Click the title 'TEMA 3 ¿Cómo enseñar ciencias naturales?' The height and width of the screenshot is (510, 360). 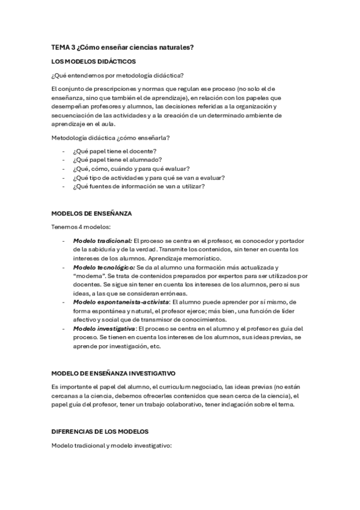pyautogui.click(x=122, y=48)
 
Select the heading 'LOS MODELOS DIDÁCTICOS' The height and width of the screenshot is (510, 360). pyautogui.click(x=94, y=61)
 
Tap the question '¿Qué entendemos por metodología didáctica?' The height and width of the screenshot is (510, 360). pyautogui.click(x=118, y=75)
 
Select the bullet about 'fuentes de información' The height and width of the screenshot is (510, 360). pyautogui.click(x=139, y=186)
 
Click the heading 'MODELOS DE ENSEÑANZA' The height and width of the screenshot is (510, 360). pyautogui.click(x=91, y=213)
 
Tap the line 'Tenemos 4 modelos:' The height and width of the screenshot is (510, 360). pyautogui.click(x=78, y=227)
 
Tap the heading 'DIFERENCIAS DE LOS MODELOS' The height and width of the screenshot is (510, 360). pyautogui.click(x=99, y=431)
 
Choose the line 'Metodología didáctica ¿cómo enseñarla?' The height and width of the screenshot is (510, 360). pyautogui.click(x=111, y=137)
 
